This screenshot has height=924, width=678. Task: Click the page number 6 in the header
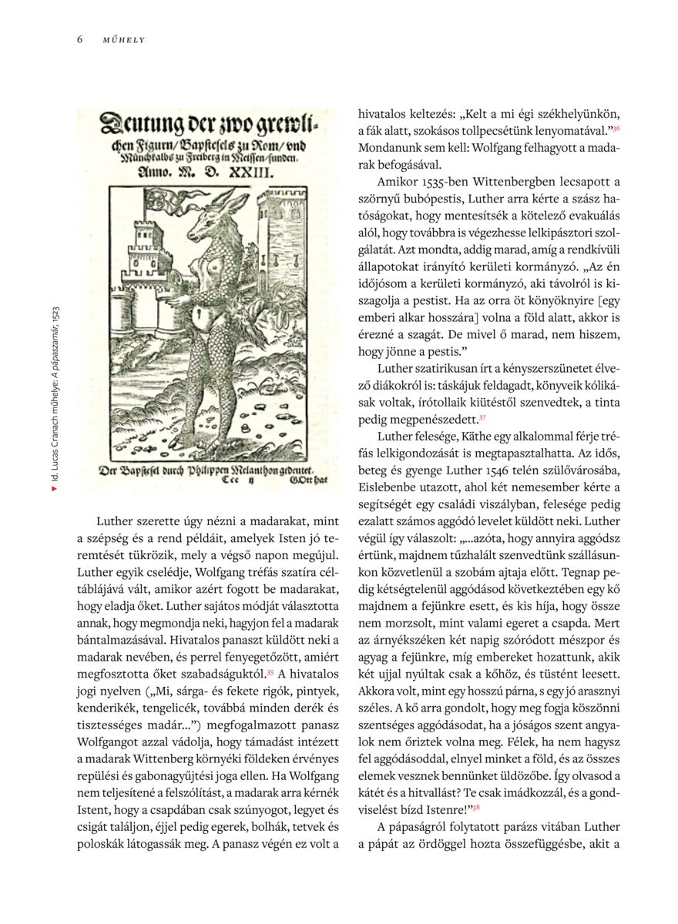tap(79, 38)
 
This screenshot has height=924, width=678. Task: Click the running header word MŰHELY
tap(123, 39)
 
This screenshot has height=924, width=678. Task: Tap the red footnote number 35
tap(270, 671)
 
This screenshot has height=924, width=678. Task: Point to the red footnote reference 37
tap(482, 417)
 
